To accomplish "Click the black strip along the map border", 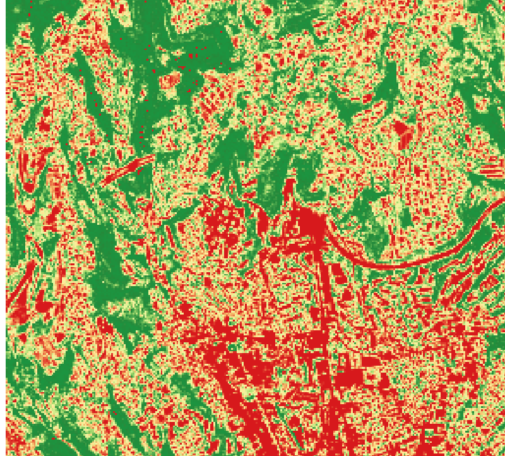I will (x=3, y=189).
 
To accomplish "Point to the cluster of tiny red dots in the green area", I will (x=189, y=60).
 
